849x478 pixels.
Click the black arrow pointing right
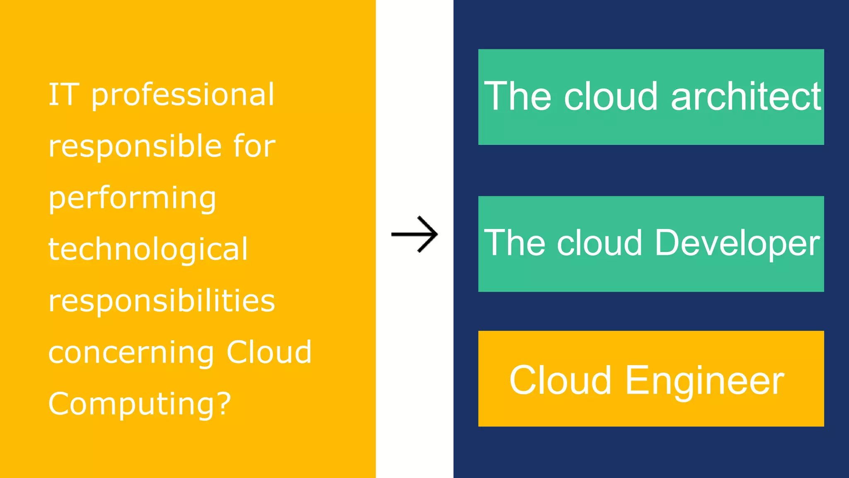point(415,234)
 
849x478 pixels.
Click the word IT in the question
point(63,95)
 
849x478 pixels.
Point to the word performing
point(132,199)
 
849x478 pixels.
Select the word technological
point(148,249)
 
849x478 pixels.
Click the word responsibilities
point(162,301)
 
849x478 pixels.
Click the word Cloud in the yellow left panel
point(269,352)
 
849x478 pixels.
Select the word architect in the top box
point(746,97)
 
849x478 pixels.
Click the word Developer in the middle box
point(737,244)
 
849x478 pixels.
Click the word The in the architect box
point(518,97)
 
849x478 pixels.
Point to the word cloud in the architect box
point(611,97)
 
